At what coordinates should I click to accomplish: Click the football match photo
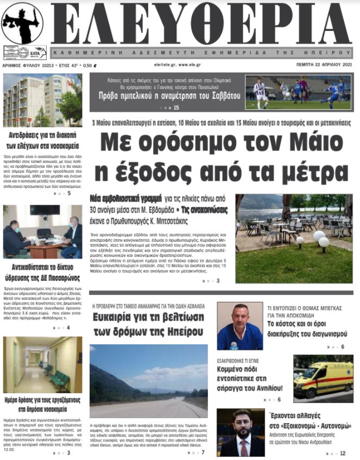click(x=299, y=92)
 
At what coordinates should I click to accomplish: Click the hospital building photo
click(x=42, y=100)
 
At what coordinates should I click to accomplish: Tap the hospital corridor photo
click(x=42, y=364)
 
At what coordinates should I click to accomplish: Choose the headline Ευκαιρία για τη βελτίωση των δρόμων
click(x=148, y=324)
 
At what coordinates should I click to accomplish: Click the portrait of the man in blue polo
click(x=240, y=326)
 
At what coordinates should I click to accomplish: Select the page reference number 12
click(x=343, y=453)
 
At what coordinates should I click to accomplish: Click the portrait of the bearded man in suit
click(x=240, y=432)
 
